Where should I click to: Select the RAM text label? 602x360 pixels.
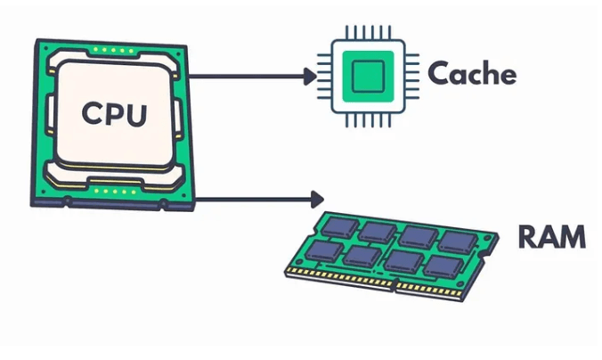pos(551,238)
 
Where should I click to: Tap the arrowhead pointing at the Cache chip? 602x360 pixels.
pos(308,77)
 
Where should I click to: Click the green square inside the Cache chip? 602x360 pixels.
pos(368,76)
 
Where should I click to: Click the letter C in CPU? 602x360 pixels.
pos(90,113)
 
